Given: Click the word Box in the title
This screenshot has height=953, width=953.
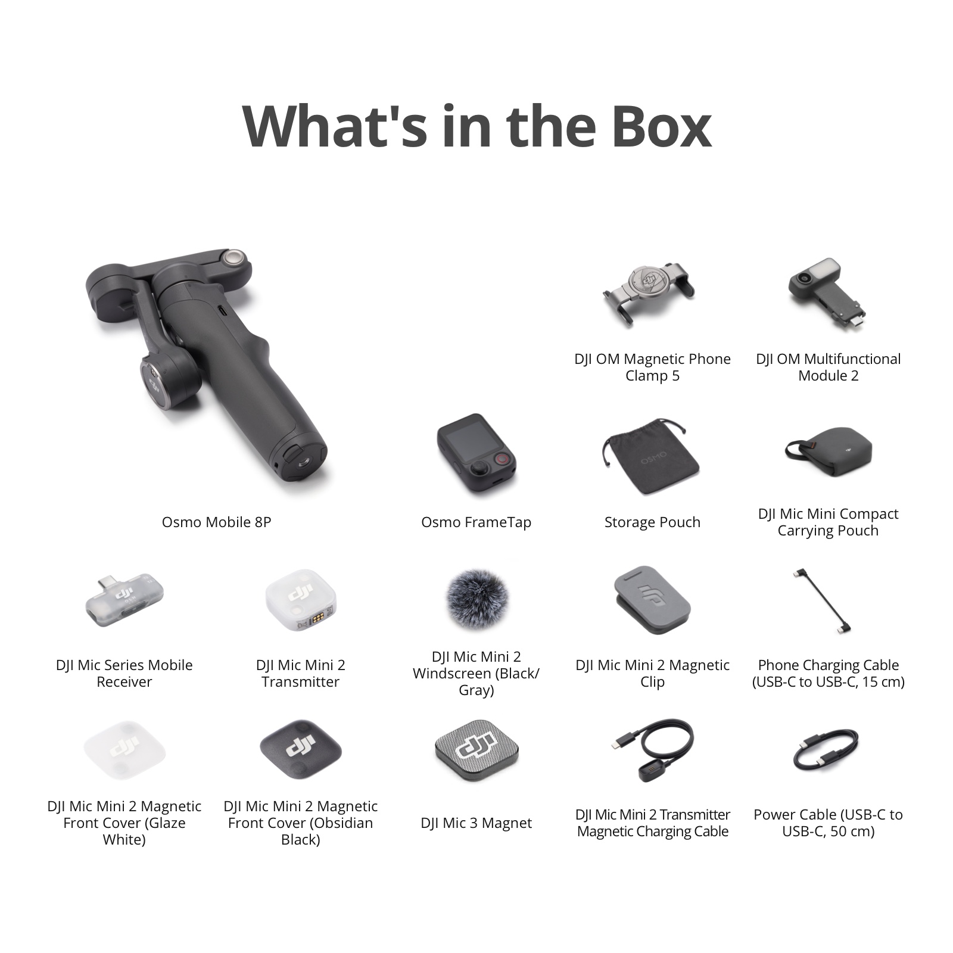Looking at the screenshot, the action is [x=661, y=126].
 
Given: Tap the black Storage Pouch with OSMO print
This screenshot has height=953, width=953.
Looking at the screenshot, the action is [x=650, y=457].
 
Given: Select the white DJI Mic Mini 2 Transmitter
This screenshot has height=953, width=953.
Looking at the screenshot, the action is [x=300, y=599].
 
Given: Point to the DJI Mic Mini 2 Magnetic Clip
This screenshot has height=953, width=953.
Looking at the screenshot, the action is [x=652, y=600].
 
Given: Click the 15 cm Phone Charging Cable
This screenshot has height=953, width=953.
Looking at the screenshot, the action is [x=822, y=602].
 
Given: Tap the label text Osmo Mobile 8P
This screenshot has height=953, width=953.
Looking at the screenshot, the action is [x=216, y=522].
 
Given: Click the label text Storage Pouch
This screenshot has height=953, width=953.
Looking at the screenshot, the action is [x=652, y=522].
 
